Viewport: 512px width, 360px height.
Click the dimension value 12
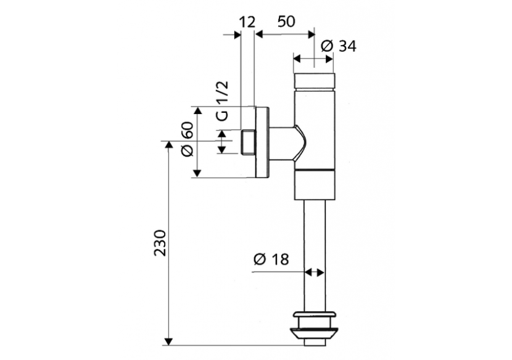246,22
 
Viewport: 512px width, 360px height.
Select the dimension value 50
285,22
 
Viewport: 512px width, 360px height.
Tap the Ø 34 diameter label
339,46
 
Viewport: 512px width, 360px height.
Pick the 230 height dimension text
160,243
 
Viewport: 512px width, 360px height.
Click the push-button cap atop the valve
315,81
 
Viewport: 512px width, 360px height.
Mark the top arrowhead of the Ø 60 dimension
198,110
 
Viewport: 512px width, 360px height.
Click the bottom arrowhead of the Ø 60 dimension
198,174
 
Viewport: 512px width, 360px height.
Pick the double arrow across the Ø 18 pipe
315,271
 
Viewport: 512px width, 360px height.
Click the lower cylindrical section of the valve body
315,185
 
